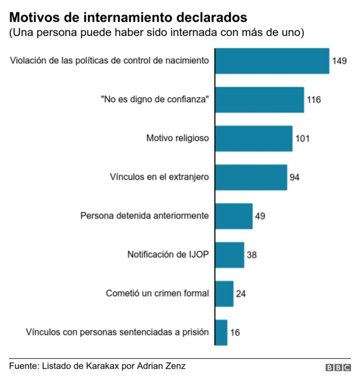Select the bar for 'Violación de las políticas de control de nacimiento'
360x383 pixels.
(272, 61)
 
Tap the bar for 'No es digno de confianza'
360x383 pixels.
(260, 100)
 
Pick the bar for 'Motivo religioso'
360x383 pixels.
(254, 138)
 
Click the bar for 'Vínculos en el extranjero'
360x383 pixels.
(251, 177)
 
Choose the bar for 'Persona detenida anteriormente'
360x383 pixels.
(234, 216)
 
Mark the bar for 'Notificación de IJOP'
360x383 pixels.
(230, 255)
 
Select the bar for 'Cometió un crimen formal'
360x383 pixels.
(224, 294)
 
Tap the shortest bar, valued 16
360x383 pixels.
(222, 332)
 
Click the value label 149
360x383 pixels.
(339, 61)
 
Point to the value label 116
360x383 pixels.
(314, 100)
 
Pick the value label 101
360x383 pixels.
(303, 138)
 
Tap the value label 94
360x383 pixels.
(295, 177)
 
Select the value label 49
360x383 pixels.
(260, 216)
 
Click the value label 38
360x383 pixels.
(252, 255)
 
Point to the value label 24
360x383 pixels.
(241, 294)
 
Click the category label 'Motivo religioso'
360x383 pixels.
(178, 138)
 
